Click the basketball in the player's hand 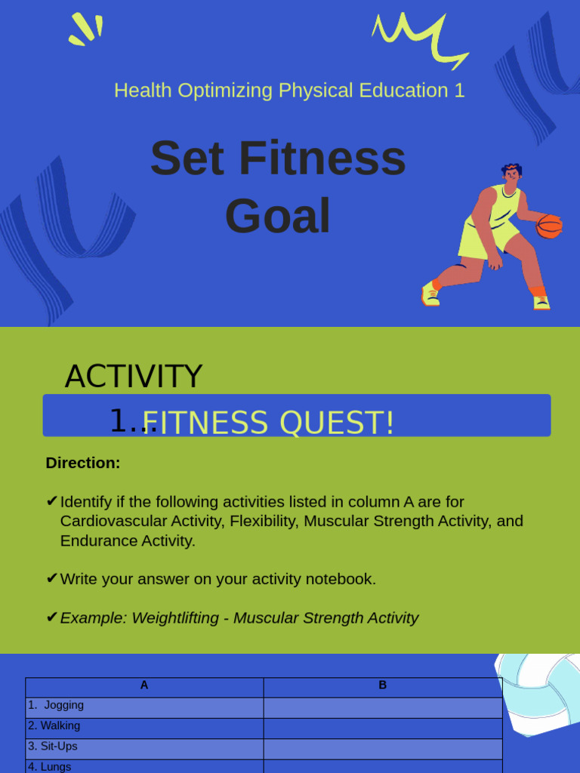[548, 226]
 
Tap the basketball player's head [512, 174]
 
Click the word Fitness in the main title [322, 159]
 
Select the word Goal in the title [278, 216]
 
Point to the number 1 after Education [459, 91]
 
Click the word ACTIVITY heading [133, 376]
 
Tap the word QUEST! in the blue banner [337, 423]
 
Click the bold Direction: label [83, 463]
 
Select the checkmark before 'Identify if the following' [52, 501]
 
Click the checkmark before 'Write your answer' [52, 578]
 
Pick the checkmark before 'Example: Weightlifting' [52, 617]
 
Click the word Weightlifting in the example [175, 617]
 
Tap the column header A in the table [144, 685]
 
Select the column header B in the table [383, 685]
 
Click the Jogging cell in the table [144, 708]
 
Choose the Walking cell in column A [144, 728]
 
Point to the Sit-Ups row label [53, 746]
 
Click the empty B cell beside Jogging [383, 708]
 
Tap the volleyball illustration [538, 694]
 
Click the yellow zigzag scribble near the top [420, 39]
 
